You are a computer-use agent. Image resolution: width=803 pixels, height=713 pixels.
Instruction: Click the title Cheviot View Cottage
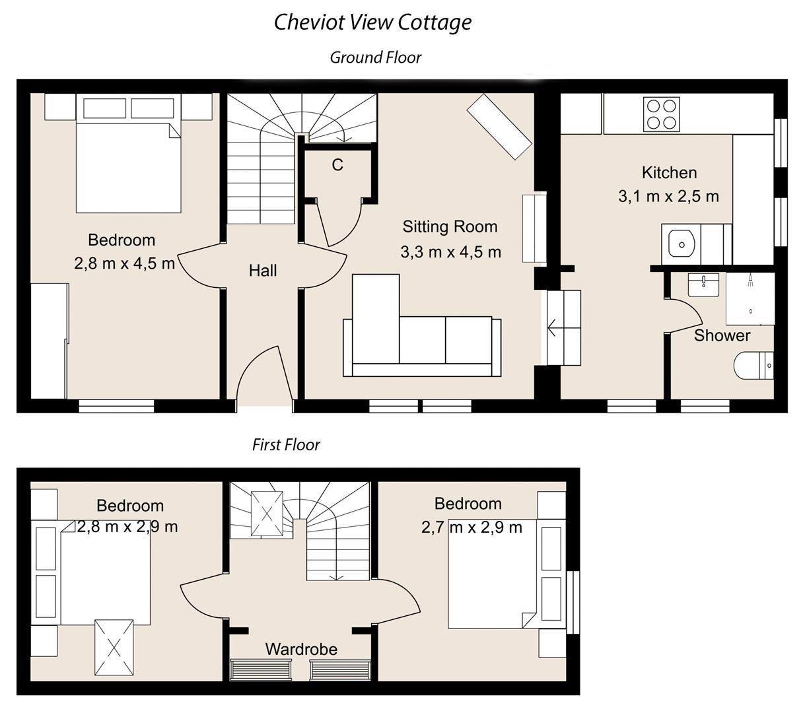tap(372, 22)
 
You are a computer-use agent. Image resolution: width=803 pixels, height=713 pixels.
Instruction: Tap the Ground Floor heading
tap(375, 58)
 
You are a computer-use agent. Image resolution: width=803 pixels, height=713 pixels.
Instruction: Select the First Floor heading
tap(286, 445)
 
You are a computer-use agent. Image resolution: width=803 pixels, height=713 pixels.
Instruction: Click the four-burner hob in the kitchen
tap(662, 114)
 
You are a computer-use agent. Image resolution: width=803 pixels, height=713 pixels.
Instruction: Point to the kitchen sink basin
tap(680, 244)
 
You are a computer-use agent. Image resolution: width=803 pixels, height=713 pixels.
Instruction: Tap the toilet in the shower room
tap(753, 365)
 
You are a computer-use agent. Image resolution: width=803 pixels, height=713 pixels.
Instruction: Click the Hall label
tap(263, 271)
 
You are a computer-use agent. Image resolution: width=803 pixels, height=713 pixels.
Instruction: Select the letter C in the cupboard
tap(337, 165)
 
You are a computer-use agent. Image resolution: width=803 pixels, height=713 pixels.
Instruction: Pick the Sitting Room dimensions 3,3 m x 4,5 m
tap(450, 252)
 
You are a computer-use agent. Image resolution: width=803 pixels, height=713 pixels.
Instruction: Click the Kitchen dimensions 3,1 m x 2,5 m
tap(668, 196)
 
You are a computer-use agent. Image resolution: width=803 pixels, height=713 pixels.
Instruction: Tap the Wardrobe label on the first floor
tap(301, 650)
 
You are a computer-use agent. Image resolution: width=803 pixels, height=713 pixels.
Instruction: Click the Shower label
tap(722, 335)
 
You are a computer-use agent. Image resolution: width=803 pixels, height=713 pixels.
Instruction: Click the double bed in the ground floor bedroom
tap(128, 158)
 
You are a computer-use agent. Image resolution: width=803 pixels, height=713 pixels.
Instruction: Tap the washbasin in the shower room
tap(703, 285)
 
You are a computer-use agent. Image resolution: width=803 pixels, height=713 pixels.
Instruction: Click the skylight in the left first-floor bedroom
tap(114, 647)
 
